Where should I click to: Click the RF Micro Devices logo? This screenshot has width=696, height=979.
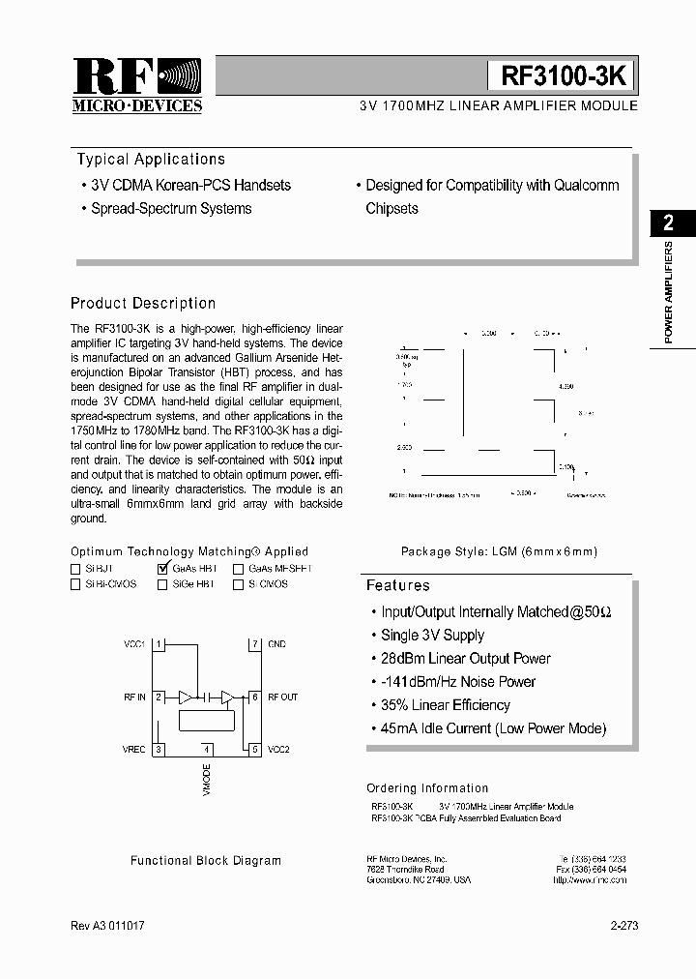[x=137, y=85]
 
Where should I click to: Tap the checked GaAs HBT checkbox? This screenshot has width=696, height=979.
[x=162, y=569]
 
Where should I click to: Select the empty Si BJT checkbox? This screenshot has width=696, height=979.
[x=75, y=569]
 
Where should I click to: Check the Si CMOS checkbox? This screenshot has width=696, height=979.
[x=238, y=584]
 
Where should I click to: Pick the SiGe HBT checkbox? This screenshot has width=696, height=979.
[x=162, y=584]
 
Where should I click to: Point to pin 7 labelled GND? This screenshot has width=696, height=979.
[x=255, y=644]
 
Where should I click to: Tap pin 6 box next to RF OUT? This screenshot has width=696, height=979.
[x=255, y=697]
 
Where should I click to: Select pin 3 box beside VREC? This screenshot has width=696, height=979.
[x=159, y=749]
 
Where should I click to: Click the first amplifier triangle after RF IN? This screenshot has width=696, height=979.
[x=184, y=697]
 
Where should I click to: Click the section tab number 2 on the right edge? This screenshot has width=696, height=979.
[x=668, y=223]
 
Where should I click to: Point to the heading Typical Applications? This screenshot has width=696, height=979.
[x=151, y=160]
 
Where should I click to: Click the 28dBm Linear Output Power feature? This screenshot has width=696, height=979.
[x=465, y=659]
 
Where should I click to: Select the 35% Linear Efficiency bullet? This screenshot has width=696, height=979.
[x=445, y=705]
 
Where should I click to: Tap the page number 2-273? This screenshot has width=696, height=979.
[x=623, y=926]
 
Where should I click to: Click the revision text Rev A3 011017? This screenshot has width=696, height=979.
[x=109, y=926]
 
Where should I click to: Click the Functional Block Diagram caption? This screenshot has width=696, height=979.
[x=206, y=860]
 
